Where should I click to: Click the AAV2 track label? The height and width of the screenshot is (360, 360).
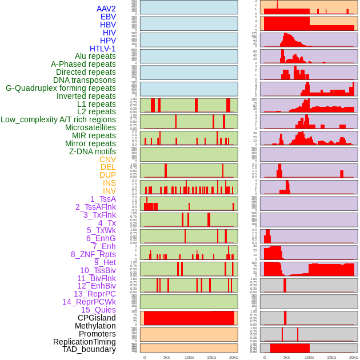pos(106,9)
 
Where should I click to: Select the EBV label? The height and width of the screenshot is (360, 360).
pos(108,17)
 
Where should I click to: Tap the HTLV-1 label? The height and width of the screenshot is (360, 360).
pos(103,49)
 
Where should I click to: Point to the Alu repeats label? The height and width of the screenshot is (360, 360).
pos(95,56)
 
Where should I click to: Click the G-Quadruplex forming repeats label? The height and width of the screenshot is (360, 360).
pos(61,88)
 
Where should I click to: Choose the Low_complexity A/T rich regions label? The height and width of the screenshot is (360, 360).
pos(58,119)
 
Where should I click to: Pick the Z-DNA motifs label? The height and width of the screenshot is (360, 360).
pos(93,151)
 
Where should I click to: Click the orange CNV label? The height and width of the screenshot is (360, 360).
pos(107,159)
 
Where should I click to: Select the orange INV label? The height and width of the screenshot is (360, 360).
pos(109,191)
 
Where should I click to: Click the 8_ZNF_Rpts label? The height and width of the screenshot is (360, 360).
pos(93,254)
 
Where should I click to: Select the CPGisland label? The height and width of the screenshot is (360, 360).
pos(97,318)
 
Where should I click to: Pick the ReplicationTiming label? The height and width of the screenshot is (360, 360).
pos(85,342)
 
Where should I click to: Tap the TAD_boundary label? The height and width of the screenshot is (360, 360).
pos(89,349)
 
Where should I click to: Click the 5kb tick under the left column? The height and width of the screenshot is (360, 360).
pos(167,357)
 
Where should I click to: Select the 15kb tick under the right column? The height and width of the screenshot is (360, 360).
pos(331,357)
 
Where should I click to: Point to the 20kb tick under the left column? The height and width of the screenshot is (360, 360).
pos(233,357)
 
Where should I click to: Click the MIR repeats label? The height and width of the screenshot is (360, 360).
pos(94,135)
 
